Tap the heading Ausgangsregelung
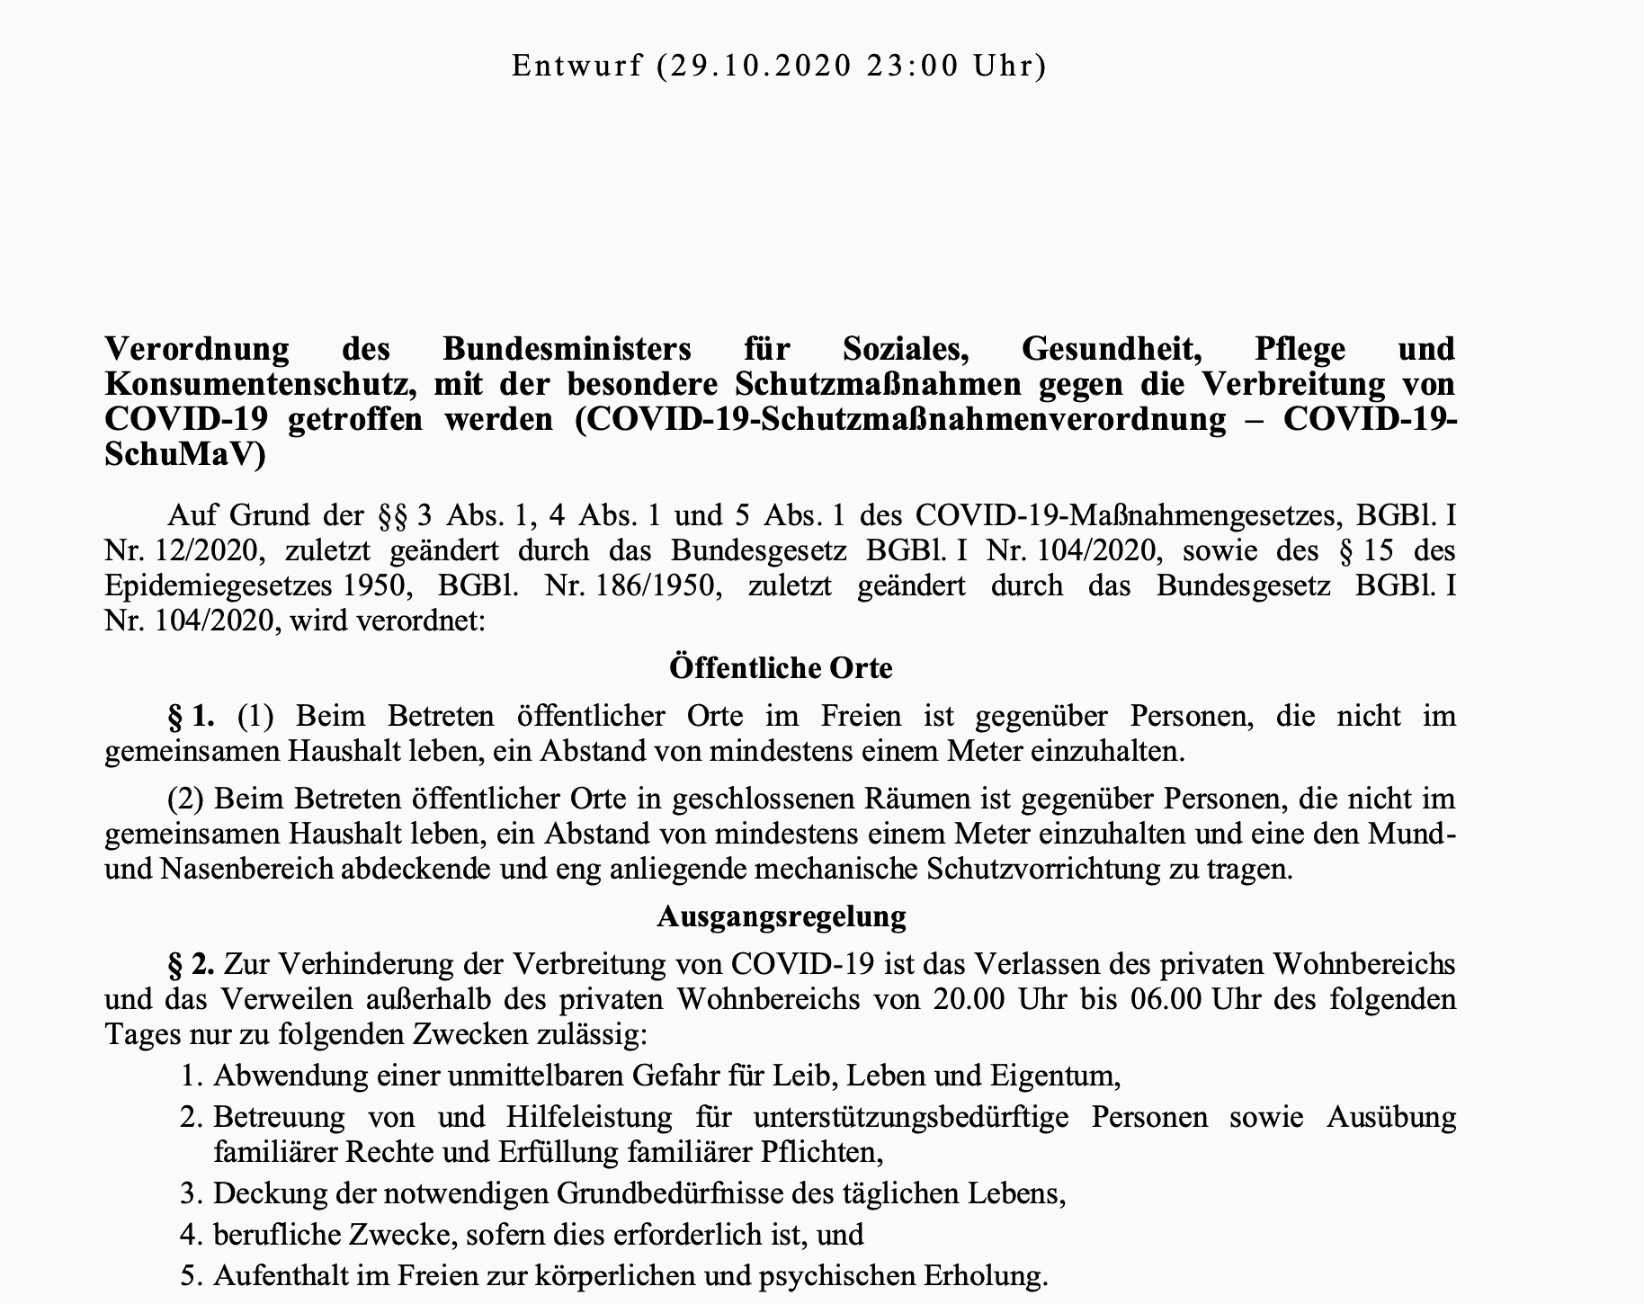[x=781, y=915]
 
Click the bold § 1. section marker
[x=191, y=716]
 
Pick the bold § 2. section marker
[x=191, y=964]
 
